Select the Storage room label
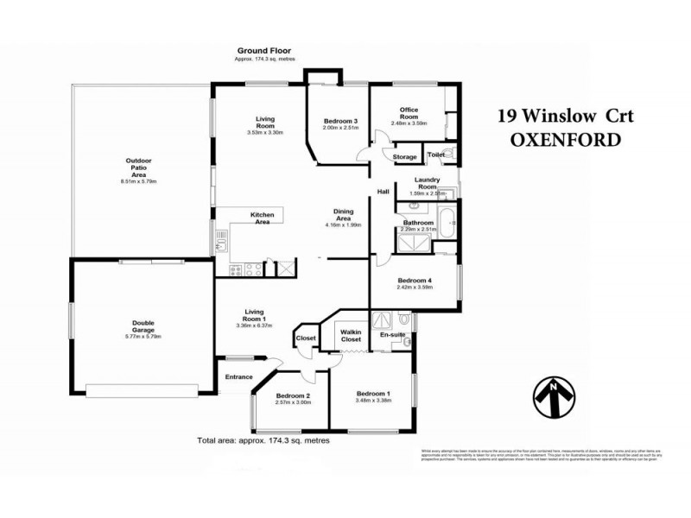[x=404, y=157]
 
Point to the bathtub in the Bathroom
[x=448, y=223]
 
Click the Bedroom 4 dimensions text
[x=414, y=287]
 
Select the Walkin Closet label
[x=351, y=335]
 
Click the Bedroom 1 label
[x=374, y=393]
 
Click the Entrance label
[x=238, y=376]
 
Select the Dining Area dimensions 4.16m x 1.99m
[x=343, y=224]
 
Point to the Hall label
[x=383, y=193]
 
